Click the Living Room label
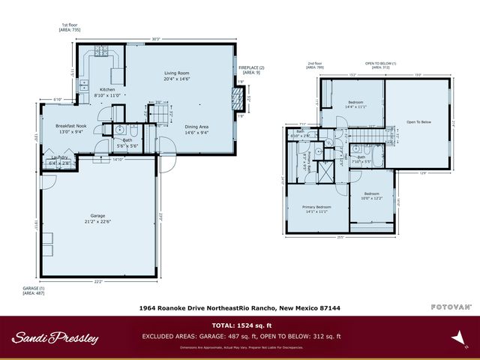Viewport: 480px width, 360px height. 177,73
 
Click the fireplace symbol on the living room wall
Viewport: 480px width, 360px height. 237,96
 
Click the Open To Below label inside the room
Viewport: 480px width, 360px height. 418,121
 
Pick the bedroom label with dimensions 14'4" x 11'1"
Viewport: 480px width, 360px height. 357,103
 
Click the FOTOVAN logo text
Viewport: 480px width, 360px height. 451,307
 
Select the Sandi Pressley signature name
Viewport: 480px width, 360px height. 55,337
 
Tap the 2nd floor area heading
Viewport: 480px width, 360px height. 315,65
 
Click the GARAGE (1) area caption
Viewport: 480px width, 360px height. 34,290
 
